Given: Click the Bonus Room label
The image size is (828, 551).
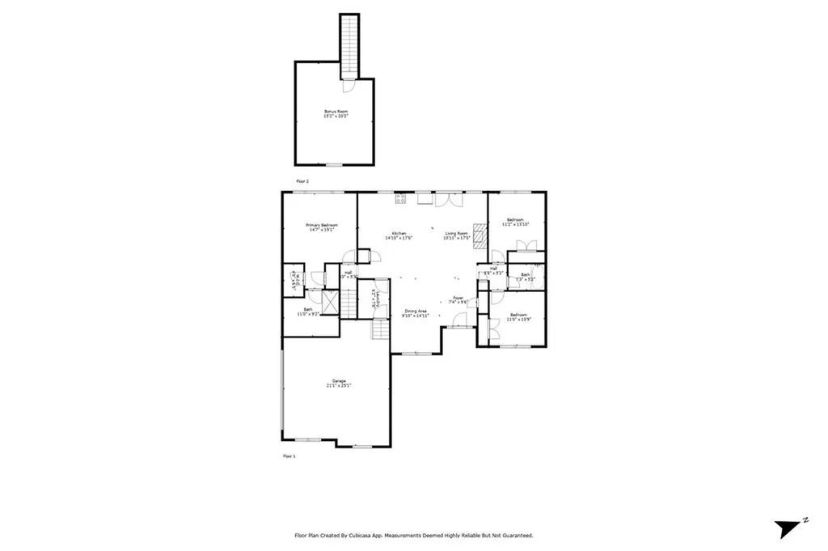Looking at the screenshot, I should (x=335, y=112).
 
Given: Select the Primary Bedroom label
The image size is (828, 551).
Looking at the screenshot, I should (x=321, y=227).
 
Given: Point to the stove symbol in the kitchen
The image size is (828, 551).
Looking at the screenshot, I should (x=399, y=197).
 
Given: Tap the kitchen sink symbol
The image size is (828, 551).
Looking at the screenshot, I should (x=425, y=197).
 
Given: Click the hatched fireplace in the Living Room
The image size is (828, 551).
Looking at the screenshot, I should (x=479, y=235).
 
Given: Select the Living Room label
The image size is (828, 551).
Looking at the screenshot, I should (x=457, y=235).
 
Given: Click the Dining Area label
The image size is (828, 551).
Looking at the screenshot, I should (x=416, y=313).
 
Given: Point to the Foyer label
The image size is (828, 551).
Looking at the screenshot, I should (x=458, y=299).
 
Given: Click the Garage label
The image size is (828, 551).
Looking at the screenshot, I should (x=338, y=383).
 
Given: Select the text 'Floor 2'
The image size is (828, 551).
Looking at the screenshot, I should (x=302, y=181).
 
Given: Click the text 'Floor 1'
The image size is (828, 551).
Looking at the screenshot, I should (x=289, y=457).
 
